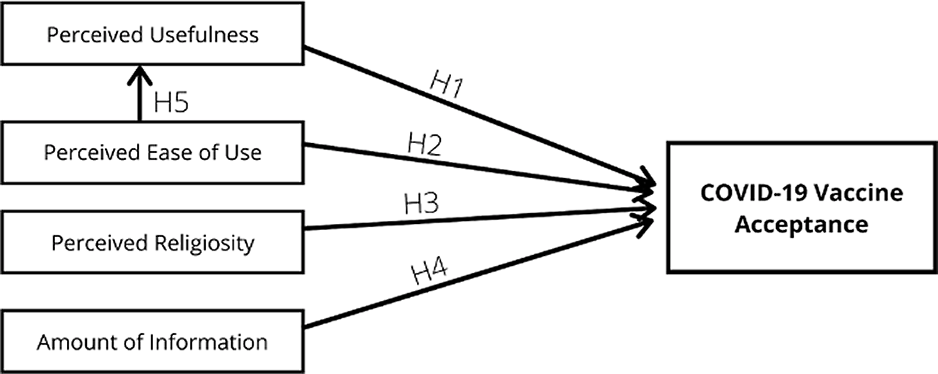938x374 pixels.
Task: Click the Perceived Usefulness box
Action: tap(152, 34)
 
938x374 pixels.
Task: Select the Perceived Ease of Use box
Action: tap(152, 152)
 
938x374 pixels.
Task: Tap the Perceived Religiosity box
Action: tap(152, 242)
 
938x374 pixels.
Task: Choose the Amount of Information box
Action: tap(152, 342)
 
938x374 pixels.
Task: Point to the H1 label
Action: tap(446, 85)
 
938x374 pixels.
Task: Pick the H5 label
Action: tap(171, 102)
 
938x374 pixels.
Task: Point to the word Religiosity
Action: tap(205, 243)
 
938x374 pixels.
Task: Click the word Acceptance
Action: tap(801, 224)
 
